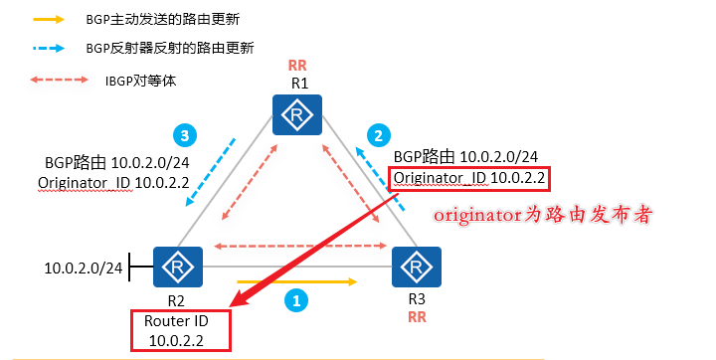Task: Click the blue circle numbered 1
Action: pos(294,297)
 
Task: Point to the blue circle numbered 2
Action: pos(377,133)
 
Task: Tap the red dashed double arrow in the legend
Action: pos(50,81)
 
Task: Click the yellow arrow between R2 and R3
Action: pos(295,281)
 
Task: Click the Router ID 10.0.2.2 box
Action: pos(180,330)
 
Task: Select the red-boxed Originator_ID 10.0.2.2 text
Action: pos(469,178)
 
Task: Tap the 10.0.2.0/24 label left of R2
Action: pos(85,268)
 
